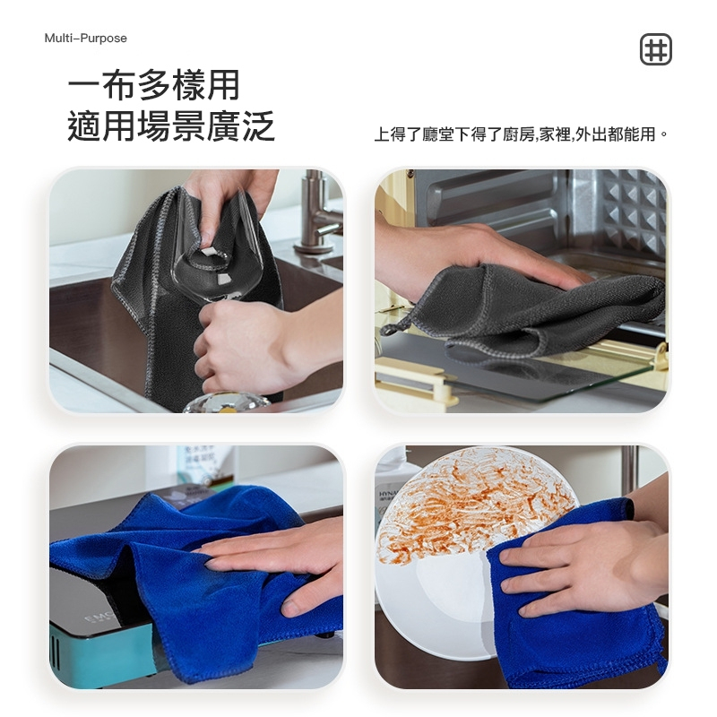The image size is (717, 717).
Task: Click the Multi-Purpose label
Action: [85, 38]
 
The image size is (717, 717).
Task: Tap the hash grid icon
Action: [656, 49]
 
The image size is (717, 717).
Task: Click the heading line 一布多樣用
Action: [153, 85]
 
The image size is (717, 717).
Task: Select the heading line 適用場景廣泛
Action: [171, 126]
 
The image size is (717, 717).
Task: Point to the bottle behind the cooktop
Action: [205, 466]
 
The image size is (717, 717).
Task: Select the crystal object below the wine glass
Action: [228, 402]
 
